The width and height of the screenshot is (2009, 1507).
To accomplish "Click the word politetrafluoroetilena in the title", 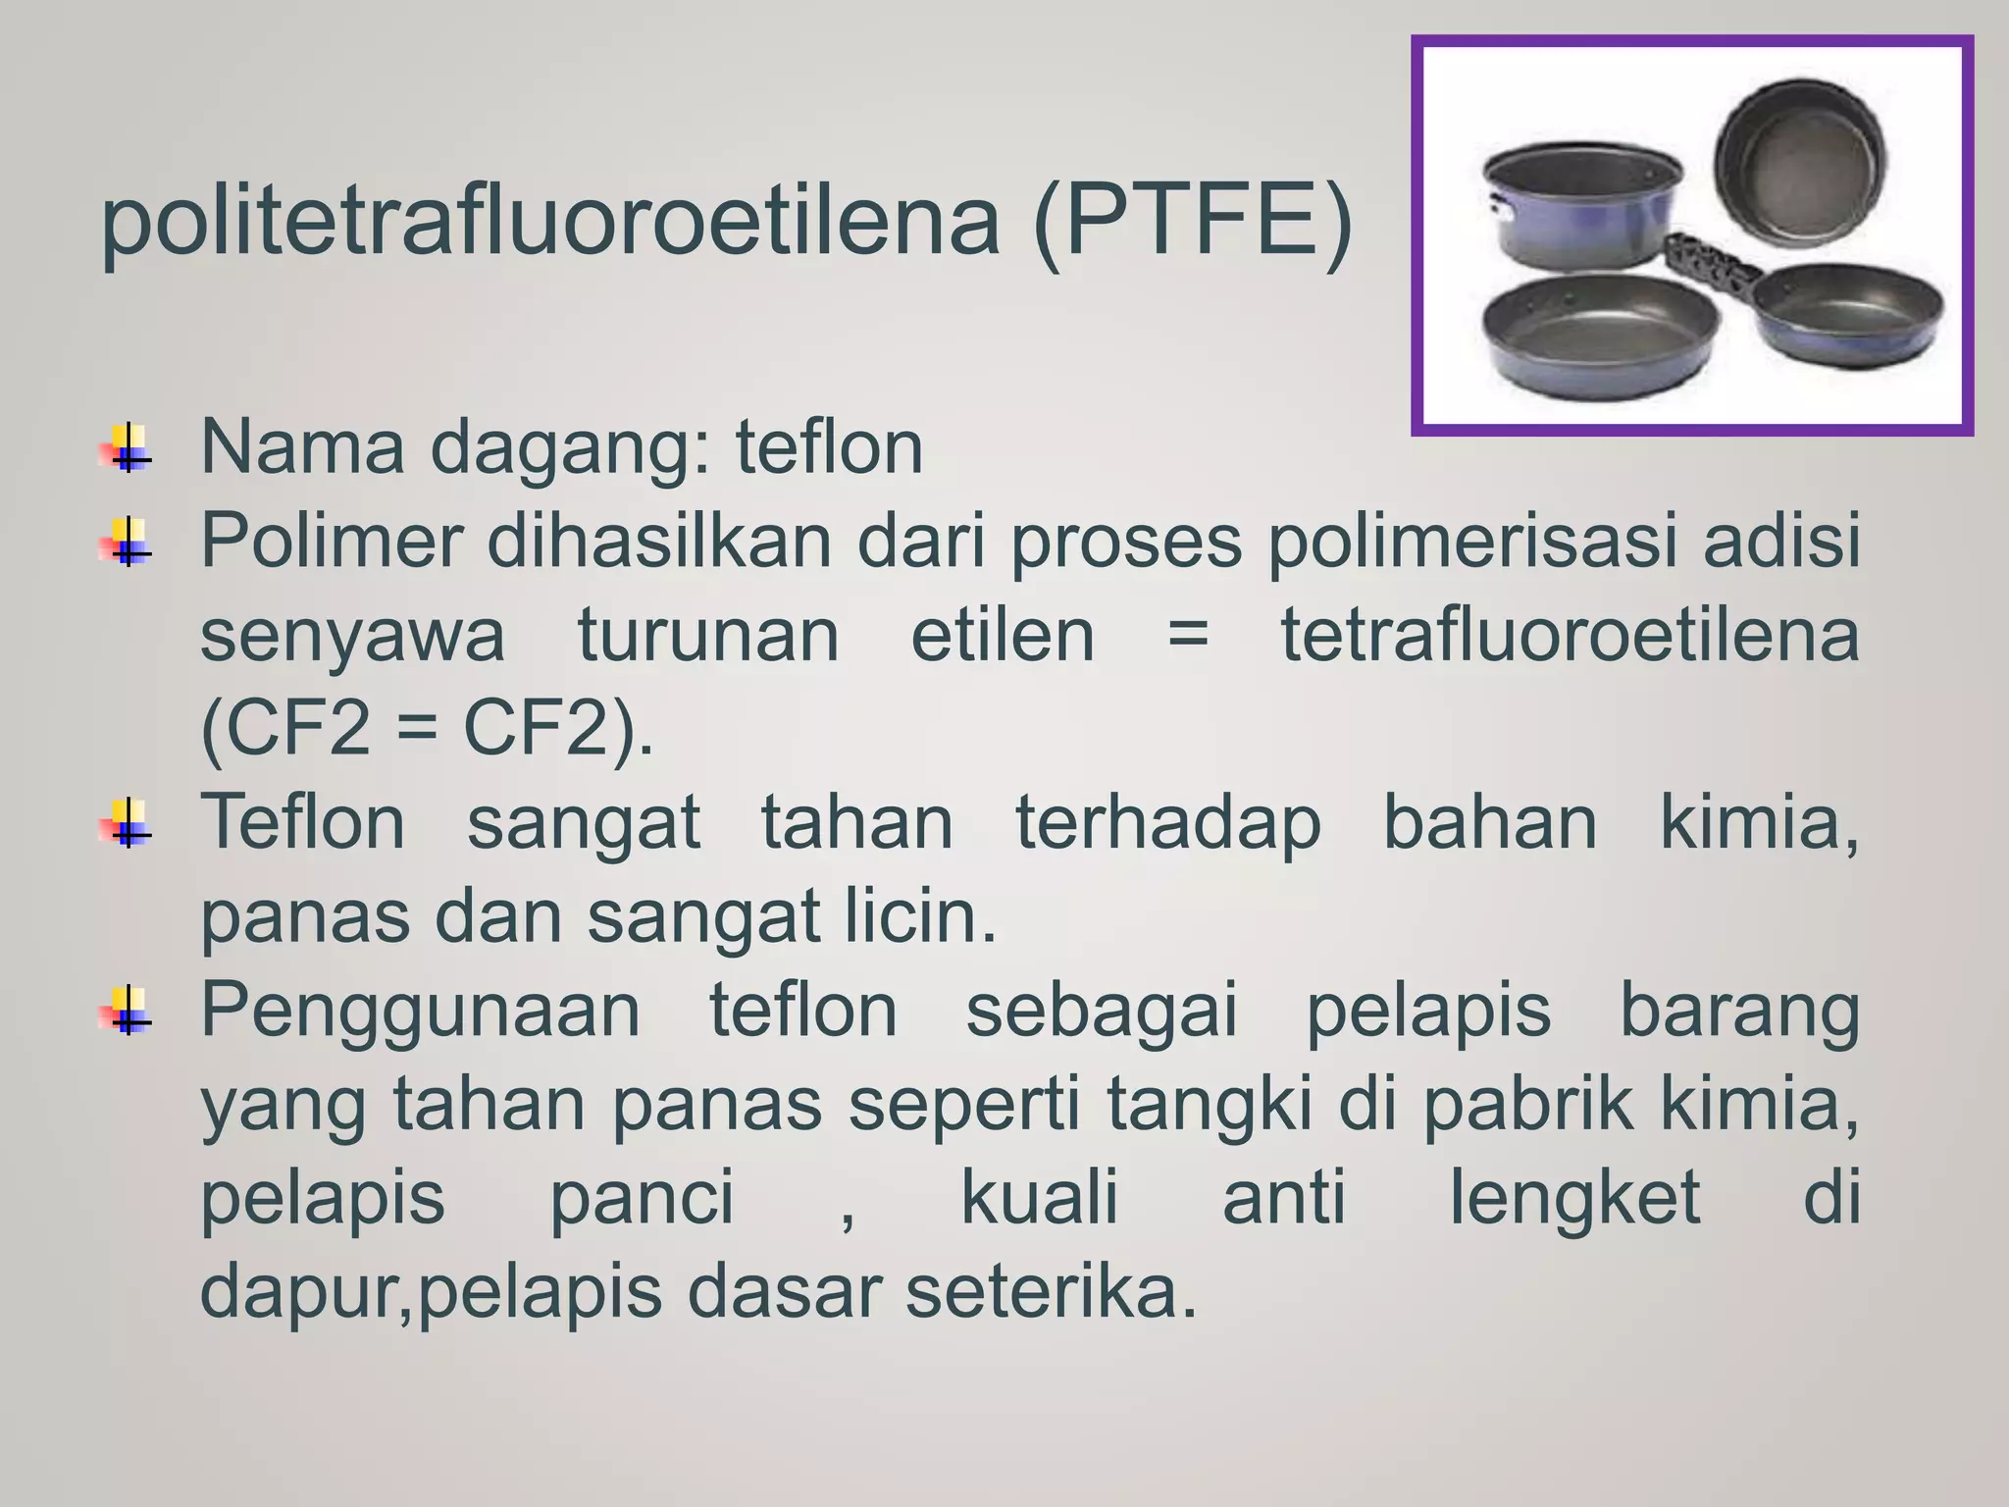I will (549, 222).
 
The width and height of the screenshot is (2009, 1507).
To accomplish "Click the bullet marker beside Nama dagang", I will (127, 449).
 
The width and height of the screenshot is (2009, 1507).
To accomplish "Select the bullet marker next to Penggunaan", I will (127, 1011).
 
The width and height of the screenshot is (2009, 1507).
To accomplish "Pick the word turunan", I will (708, 635).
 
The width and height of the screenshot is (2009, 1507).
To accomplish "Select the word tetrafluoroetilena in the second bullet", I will (1570, 635).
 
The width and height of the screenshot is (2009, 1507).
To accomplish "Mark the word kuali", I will (1040, 1198).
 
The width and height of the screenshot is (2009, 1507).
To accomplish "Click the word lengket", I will (1575, 1200).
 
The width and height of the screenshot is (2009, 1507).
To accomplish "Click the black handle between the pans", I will (1713, 265).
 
